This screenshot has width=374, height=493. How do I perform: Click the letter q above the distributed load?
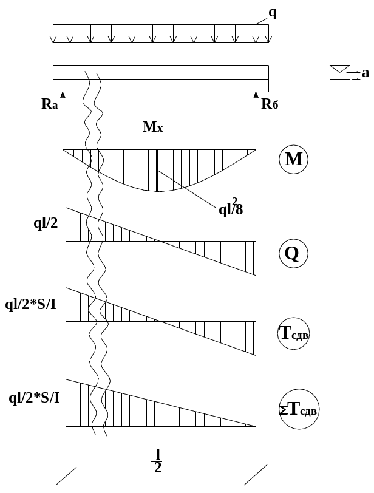click(272, 13)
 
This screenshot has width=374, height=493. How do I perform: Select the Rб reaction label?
click(270, 104)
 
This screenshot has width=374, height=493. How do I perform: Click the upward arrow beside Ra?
click(63, 101)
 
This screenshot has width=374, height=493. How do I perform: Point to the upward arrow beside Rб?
click(256, 101)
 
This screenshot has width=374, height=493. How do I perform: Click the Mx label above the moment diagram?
click(153, 127)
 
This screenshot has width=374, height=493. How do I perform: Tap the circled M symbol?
click(294, 160)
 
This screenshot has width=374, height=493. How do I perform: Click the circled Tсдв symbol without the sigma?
click(293, 335)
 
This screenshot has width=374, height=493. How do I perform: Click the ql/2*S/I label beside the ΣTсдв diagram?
click(34, 398)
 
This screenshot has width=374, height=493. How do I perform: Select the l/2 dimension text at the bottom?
click(158, 461)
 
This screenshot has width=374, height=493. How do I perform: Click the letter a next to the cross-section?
click(365, 74)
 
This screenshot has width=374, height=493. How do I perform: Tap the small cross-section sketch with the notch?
click(339, 78)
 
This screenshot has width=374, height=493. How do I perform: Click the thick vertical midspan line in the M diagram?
click(157, 171)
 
